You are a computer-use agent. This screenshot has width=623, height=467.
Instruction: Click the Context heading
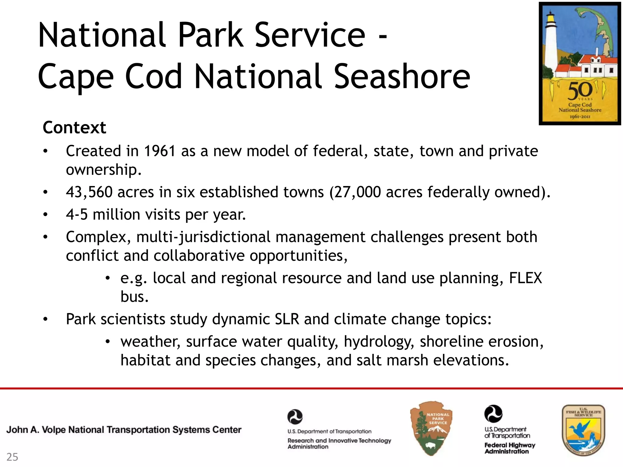coord(74,127)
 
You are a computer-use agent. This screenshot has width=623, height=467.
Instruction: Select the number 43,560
coord(89,192)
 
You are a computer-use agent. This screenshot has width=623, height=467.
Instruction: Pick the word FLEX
coord(525,278)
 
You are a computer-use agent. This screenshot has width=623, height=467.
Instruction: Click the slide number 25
coord(12,457)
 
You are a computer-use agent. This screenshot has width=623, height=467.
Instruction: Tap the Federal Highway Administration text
coord(510,448)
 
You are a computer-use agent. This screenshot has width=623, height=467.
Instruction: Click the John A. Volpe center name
coord(124,430)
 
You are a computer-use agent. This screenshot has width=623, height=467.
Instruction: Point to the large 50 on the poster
coord(580,91)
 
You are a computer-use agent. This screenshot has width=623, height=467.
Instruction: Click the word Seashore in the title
coord(402,77)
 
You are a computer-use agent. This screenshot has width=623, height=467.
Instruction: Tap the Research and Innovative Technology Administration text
coord(339,443)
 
